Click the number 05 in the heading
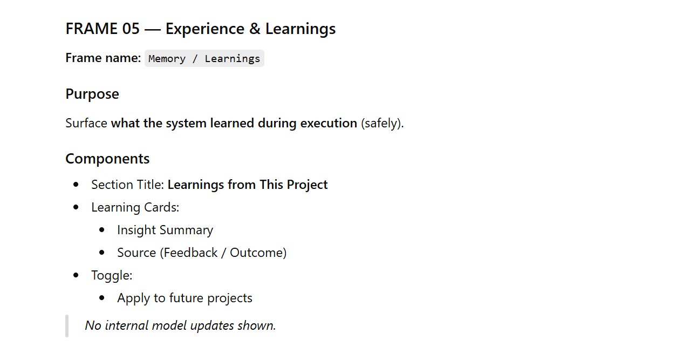coord(131,29)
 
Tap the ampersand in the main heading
coord(255,29)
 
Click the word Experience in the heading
coord(205,29)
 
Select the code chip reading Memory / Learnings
coord(204,58)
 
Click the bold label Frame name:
coord(103,58)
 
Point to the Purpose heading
coord(92,94)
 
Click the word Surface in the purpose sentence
coord(86,123)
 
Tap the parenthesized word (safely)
coord(382,124)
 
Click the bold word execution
coord(329,123)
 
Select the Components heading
coord(107,159)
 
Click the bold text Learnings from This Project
coord(248,185)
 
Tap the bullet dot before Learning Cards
coord(76,207)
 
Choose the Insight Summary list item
coord(165,230)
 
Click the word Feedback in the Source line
coord(191,253)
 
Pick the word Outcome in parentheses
coord(256,253)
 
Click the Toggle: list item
coord(112,275)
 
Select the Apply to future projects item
coord(185,298)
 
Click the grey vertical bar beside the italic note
coord(67,326)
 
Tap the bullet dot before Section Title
coord(76,185)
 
